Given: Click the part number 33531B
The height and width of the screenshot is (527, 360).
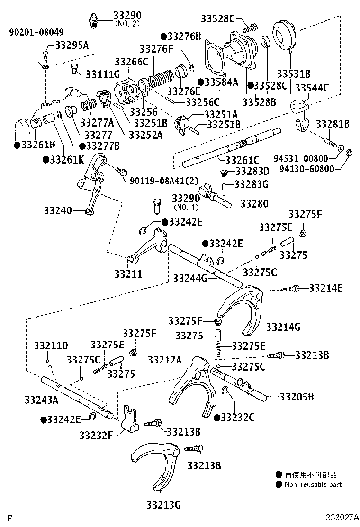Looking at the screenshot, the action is [x=293, y=73].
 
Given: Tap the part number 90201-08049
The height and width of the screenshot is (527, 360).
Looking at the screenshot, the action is [x=36, y=32].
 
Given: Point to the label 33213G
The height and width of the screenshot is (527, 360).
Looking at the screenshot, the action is [x=163, y=504].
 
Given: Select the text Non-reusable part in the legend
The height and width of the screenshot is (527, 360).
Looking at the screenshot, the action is [x=313, y=484].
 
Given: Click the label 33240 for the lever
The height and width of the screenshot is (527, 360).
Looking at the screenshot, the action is [x=58, y=211].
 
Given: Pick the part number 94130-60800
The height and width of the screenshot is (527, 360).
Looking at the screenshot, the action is [x=307, y=168].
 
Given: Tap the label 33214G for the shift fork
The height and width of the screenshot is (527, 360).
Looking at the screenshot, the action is [x=283, y=327].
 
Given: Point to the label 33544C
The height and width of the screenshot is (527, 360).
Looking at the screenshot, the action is [x=312, y=88].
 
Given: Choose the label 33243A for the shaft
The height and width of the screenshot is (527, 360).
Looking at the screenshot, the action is [x=41, y=400].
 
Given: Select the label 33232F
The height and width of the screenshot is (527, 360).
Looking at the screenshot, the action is [x=96, y=435].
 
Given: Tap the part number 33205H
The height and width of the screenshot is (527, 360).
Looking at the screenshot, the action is [x=297, y=397].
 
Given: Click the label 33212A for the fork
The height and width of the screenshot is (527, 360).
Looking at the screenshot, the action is [x=164, y=360].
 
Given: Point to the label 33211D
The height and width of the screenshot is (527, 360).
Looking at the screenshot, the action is [x=51, y=345].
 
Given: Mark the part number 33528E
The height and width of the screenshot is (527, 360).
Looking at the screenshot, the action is [x=217, y=18].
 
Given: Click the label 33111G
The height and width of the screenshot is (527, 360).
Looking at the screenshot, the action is [x=103, y=74].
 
